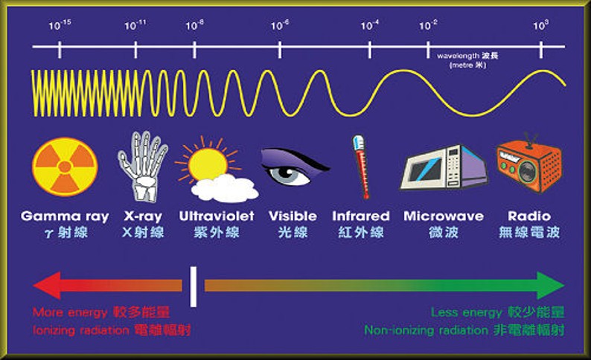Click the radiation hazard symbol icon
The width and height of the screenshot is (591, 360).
65,167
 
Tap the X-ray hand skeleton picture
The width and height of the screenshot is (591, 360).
143,166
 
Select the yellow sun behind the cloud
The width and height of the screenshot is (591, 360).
208,163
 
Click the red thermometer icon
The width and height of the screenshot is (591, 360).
362,167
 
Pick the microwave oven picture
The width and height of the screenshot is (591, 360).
444,167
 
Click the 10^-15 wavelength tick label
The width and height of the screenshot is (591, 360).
60,25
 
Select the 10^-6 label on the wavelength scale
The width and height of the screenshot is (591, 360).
280,25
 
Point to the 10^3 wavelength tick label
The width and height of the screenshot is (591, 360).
541,25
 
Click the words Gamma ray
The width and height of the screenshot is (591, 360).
65,216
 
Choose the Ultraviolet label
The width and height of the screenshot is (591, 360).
217,216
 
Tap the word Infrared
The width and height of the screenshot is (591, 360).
361,216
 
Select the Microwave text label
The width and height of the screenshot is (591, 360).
444,216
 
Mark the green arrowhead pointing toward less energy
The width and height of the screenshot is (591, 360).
551,286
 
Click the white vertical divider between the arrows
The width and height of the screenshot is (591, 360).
194,287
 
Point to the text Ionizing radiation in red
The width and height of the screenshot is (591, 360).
81,331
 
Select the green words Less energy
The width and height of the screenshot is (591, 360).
467,312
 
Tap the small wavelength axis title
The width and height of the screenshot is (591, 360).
467,60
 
